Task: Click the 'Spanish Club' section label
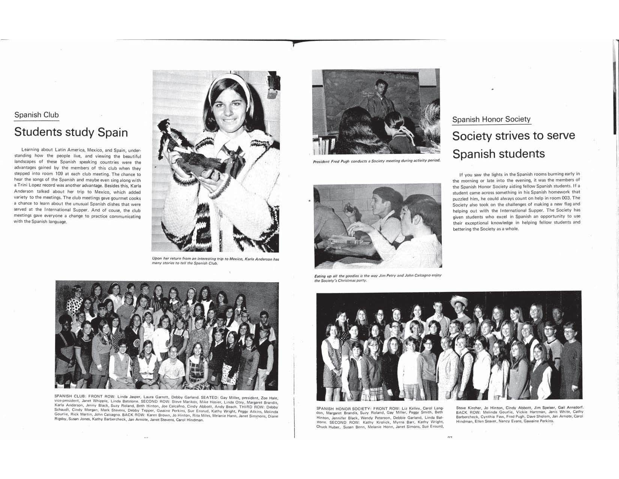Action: [x=36, y=115]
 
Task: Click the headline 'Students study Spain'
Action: [x=71, y=132]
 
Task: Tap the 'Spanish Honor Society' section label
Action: [x=491, y=119]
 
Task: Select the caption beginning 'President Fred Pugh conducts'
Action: [x=376, y=161]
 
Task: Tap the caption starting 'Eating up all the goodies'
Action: [x=377, y=278]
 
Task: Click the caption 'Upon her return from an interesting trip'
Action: [x=215, y=261]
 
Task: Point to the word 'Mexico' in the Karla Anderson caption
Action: [x=233, y=259]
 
